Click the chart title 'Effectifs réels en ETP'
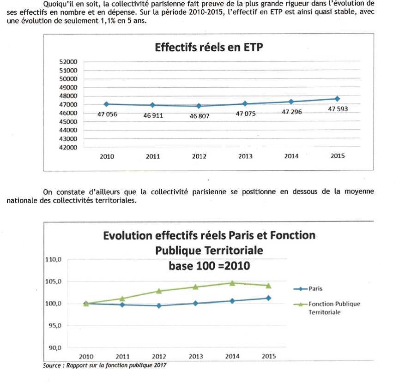[209, 48]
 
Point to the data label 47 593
[338, 109]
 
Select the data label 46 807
[199, 116]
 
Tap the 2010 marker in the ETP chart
[106, 104]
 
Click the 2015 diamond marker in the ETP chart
[338, 99]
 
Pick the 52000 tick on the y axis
[68, 62]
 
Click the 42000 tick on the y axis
[68, 148]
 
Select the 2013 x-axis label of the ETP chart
[245, 156]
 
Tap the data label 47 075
[246, 114]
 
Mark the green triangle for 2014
[232, 283]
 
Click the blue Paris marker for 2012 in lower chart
[159, 305]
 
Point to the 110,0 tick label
[53, 260]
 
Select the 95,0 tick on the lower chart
[55, 325]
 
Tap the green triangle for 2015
[268, 286]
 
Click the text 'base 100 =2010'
[209, 266]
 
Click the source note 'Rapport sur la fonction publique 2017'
[116, 365]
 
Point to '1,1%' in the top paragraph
[108, 21]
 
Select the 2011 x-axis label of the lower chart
[123, 357]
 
